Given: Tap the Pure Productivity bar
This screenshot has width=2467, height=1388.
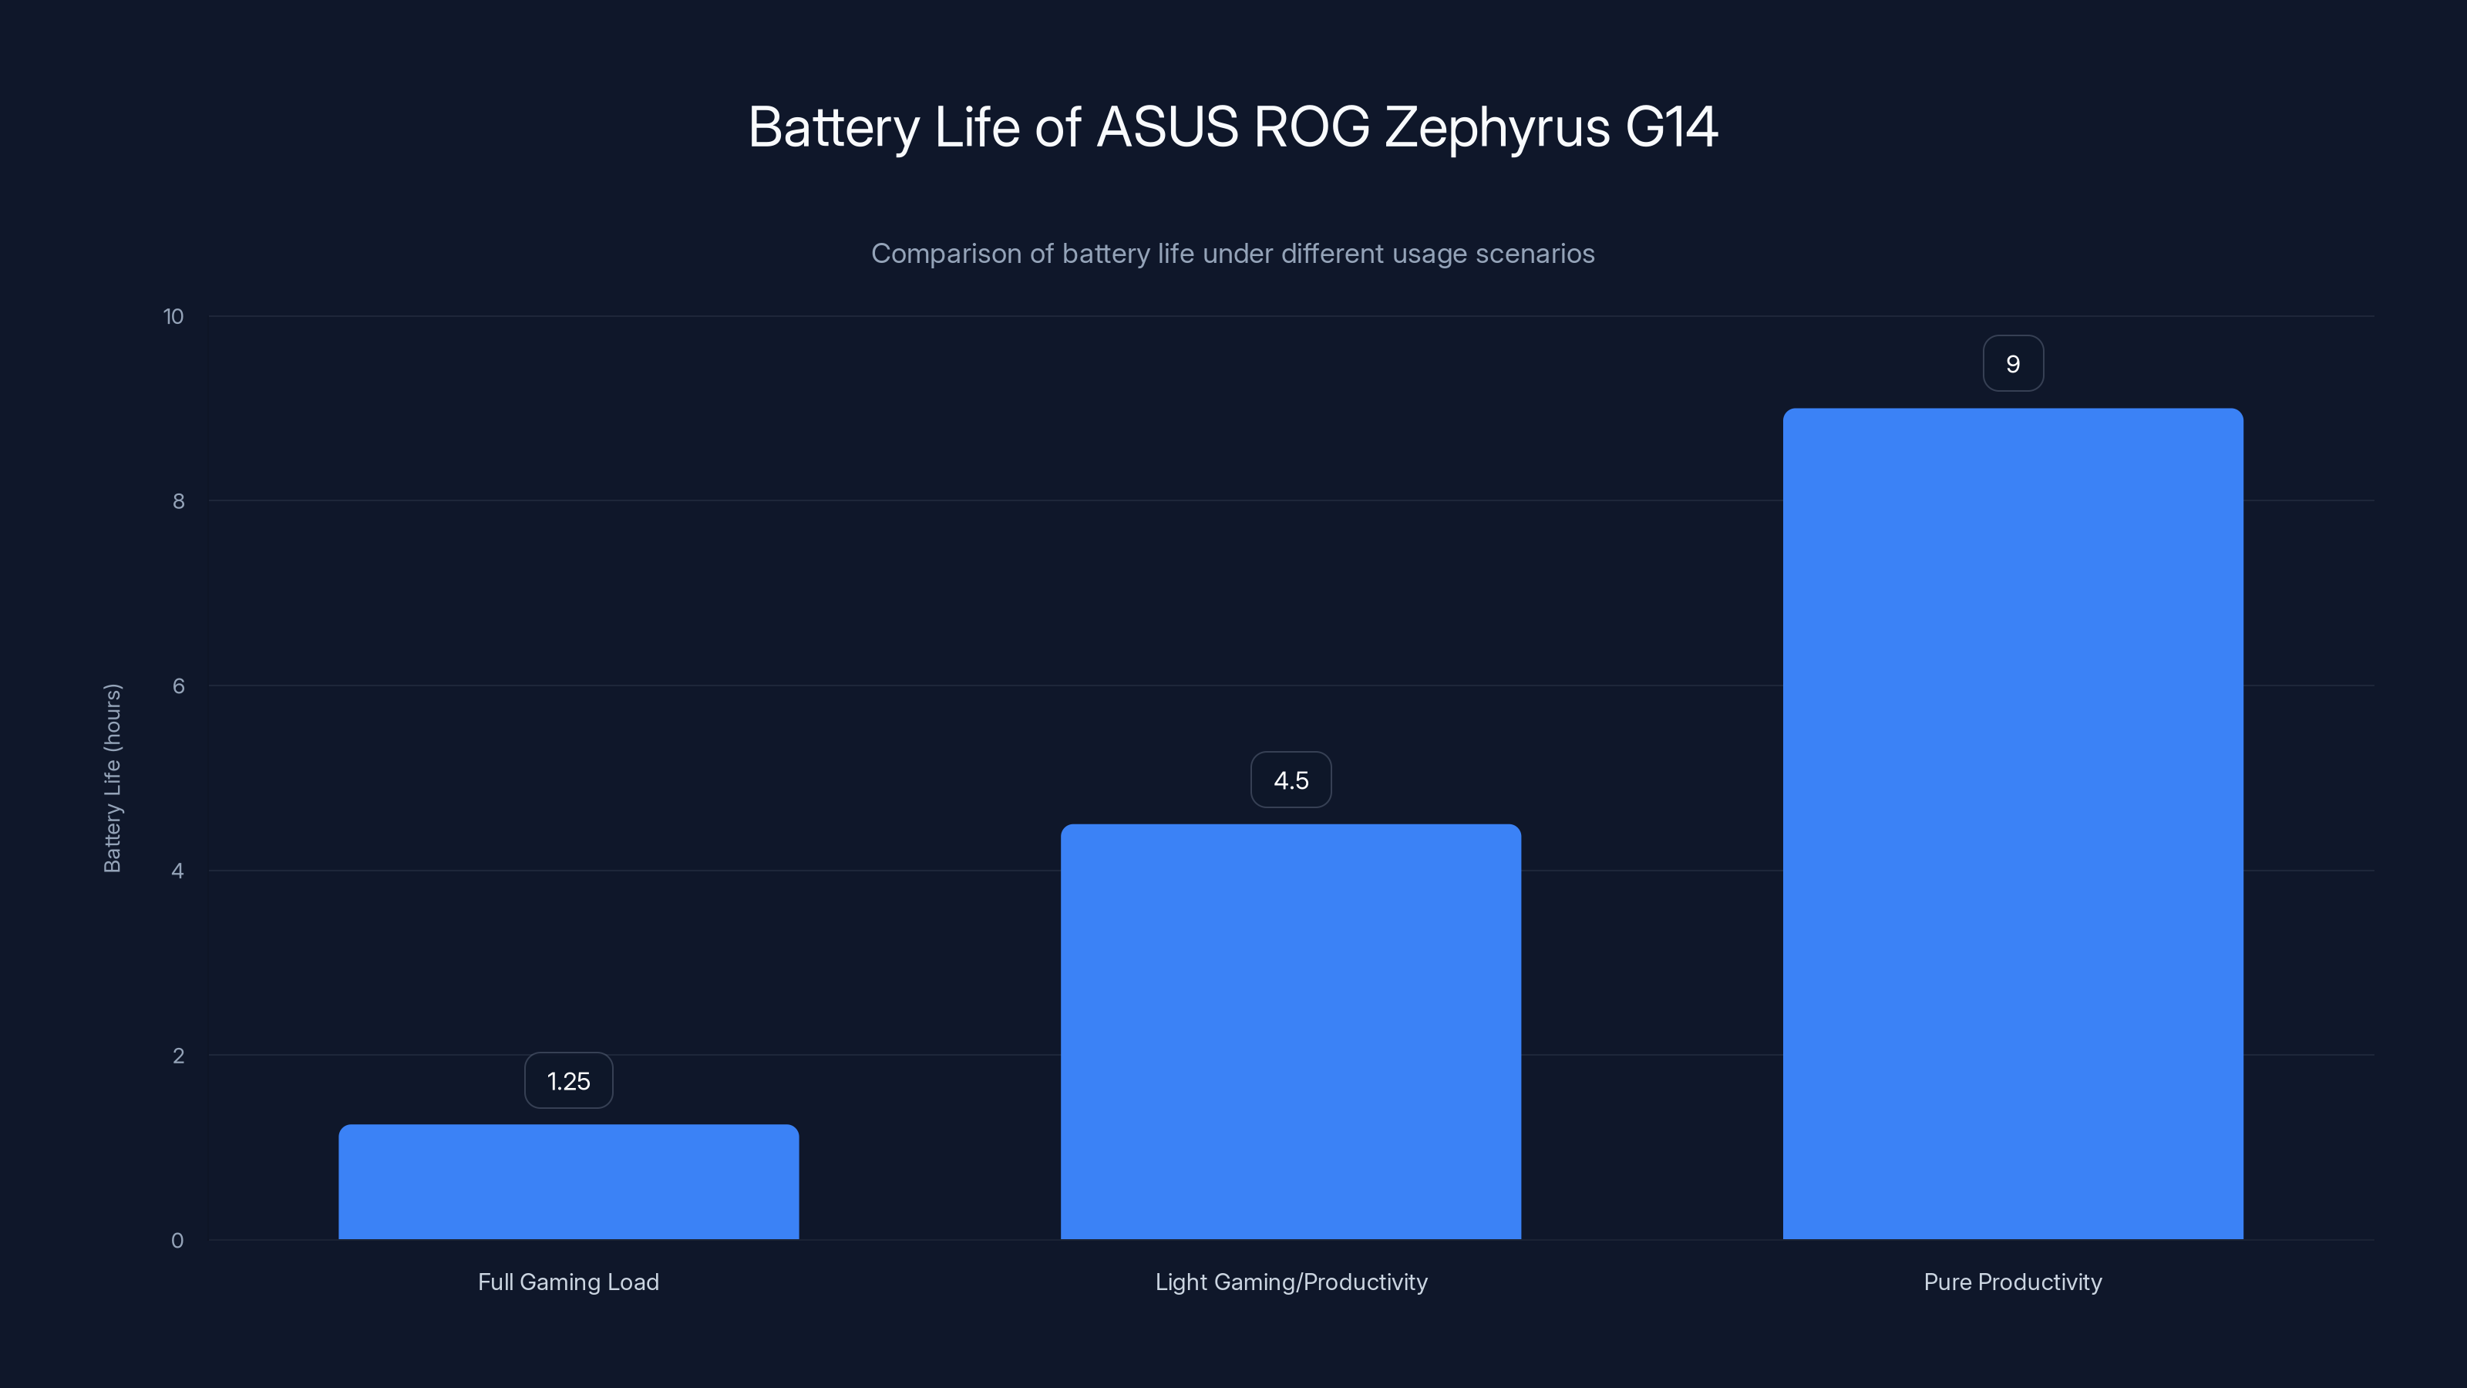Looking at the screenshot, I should (x=2012, y=823).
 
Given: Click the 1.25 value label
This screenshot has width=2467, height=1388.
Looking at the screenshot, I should (x=568, y=1081).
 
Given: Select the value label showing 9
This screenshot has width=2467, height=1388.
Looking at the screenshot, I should (x=2012, y=364).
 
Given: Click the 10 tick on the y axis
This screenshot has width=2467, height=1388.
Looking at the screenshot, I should (x=173, y=317).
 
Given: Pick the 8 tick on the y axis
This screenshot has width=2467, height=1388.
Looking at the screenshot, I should (x=178, y=502).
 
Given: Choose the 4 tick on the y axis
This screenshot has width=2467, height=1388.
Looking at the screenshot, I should (x=177, y=871).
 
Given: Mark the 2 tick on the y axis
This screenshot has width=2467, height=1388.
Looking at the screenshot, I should (x=178, y=1056).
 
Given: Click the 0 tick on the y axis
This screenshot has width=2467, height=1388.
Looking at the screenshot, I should (x=177, y=1241).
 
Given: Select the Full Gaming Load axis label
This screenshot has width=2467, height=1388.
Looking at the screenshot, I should (x=568, y=1282).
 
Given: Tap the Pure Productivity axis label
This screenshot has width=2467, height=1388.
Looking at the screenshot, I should (x=2012, y=1282).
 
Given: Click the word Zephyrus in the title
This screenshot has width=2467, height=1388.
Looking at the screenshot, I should (x=1497, y=127).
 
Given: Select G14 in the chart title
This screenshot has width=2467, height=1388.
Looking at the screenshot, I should (x=1671, y=127).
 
